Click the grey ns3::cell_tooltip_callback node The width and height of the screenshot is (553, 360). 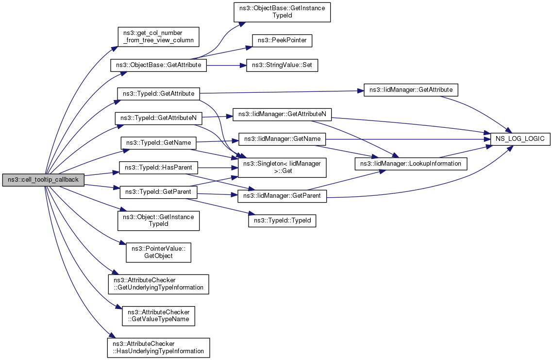[x=43, y=180]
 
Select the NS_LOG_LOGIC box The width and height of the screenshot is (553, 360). [x=520, y=139]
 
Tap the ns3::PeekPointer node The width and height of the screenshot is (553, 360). [x=282, y=40]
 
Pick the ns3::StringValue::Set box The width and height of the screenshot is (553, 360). [x=282, y=65]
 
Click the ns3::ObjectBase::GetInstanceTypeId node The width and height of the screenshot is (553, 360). [x=282, y=12]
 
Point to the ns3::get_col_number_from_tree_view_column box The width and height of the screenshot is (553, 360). [x=158, y=37]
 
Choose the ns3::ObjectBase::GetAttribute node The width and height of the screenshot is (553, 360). [x=158, y=65]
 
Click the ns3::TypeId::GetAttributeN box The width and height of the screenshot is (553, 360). [x=158, y=118]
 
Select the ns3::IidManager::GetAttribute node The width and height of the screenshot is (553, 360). [x=411, y=90]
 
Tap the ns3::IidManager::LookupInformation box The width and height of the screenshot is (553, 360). [x=411, y=164]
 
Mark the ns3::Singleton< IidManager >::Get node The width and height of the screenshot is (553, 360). [x=282, y=167]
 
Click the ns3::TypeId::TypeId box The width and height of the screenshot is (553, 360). [x=282, y=221]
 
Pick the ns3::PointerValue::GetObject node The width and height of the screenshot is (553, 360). [x=158, y=252]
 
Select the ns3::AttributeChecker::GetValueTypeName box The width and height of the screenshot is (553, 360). [x=158, y=316]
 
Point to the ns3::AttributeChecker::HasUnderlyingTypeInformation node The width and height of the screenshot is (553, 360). [x=158, y=348]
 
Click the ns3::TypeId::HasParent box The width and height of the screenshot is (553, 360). [x=158, y=167]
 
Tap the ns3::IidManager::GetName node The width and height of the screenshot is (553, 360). [x=282, y=139]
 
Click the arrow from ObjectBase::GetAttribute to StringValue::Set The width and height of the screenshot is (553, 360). [x=226, y=65]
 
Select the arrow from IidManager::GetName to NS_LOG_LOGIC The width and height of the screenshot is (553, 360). [x=408, y=139]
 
